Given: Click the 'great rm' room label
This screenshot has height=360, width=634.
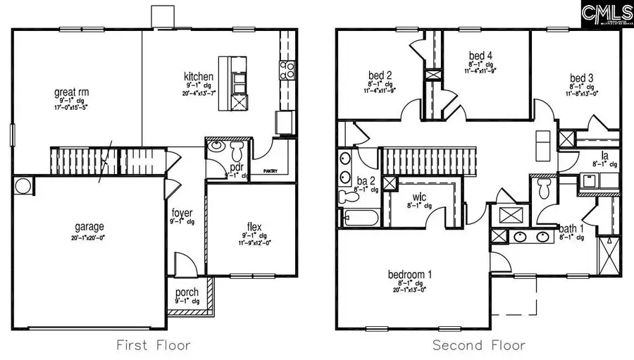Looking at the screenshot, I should (72, 92).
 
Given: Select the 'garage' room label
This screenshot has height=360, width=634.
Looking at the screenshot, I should (89, 227).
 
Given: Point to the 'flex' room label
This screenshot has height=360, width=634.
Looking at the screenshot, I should (254, 227).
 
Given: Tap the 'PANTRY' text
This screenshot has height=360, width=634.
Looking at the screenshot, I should (271, 171).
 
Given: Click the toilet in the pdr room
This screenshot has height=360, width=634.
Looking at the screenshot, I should (236, 150).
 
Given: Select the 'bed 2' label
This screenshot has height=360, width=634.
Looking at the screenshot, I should (380, 75).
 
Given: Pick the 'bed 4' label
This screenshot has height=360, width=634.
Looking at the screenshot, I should (480, 56).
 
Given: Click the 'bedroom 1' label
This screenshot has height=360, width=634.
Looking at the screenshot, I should (410, 274).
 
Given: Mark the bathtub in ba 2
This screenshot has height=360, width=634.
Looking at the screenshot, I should (359, 218).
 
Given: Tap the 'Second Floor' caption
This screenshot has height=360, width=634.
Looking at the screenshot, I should (478, 345).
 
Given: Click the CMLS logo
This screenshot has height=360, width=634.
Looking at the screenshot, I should (607, 13).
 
